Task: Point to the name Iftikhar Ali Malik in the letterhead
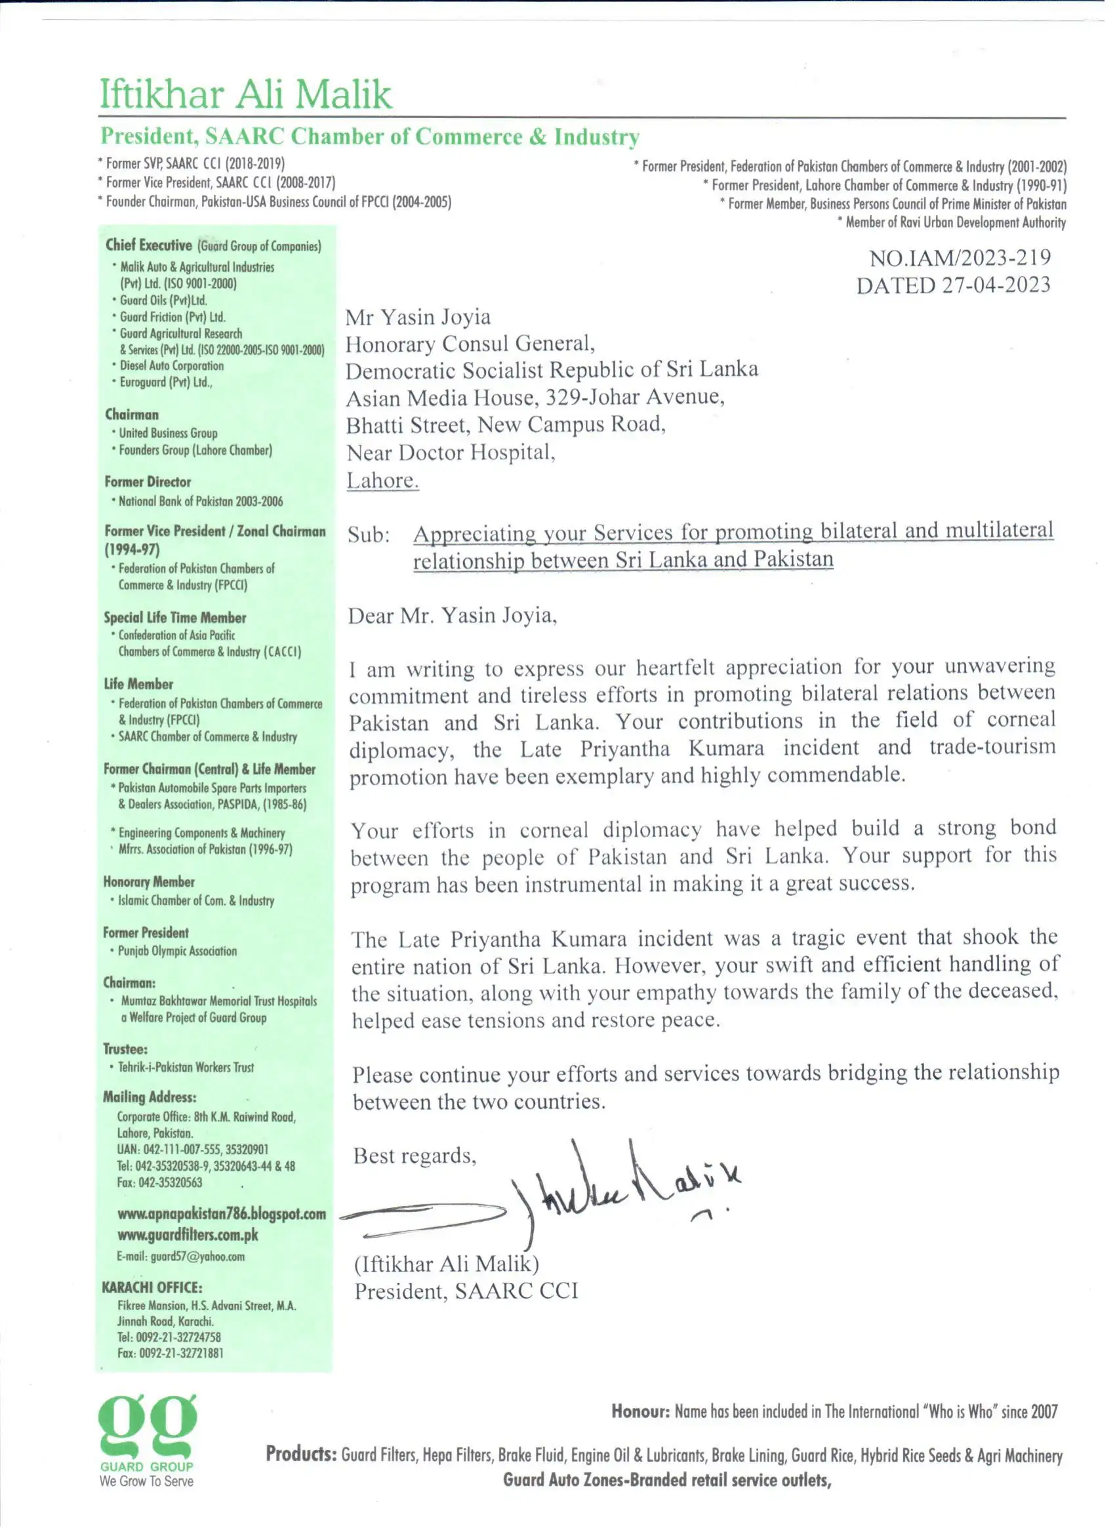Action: (245, 94)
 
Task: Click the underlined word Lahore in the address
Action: (382, 480)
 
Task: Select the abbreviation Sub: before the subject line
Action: (369, 535)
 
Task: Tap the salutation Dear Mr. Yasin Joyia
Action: (452, 615)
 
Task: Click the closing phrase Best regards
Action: (414, 1155)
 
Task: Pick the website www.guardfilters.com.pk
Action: (188, 1234)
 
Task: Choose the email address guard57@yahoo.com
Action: (180, 1256)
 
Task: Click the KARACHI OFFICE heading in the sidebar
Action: (152, 1287)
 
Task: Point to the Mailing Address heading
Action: (150, 1097)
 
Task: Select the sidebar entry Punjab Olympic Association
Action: (177, 951)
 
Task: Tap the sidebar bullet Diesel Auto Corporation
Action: (171, 366)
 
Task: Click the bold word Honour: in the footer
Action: (640, 1411)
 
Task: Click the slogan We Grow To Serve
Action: (146, 1481)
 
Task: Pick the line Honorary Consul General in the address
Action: (470, 344)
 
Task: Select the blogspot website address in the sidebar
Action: (221, 1213)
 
